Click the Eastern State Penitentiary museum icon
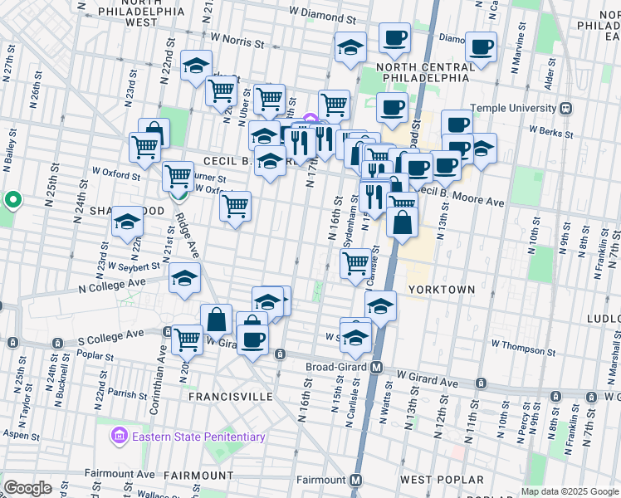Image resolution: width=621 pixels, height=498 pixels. click(x=119, y=437)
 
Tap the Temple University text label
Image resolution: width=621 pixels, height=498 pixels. click(x=513, y=108)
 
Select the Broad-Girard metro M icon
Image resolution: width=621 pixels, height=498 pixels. click(x=376, y=367)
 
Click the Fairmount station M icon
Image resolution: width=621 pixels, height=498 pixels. click(x=356, y=480)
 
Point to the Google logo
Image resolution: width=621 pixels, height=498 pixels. click(x=27, y=488)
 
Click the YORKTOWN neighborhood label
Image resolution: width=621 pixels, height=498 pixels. click(x=441, y=290)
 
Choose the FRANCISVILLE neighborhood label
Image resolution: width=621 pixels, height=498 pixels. click(x=230, y=397)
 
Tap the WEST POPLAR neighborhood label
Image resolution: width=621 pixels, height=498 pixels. click(x=441, y=480)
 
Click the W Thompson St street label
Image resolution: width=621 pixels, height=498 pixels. click(x=522, y=343)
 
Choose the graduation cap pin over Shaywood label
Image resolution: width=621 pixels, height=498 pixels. click(x=127, y=221)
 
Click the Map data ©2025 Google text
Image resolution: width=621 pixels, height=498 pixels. click(x=569, y=491)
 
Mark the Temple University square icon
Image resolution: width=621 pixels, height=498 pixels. click(x=566, y=108)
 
